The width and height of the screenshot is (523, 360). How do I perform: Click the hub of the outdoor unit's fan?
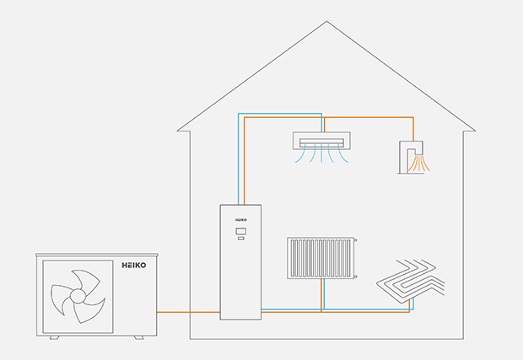77,297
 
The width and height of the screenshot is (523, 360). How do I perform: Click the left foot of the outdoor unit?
54,337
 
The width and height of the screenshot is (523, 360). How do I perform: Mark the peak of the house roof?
326,23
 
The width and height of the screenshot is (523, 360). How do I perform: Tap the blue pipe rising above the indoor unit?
238,160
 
